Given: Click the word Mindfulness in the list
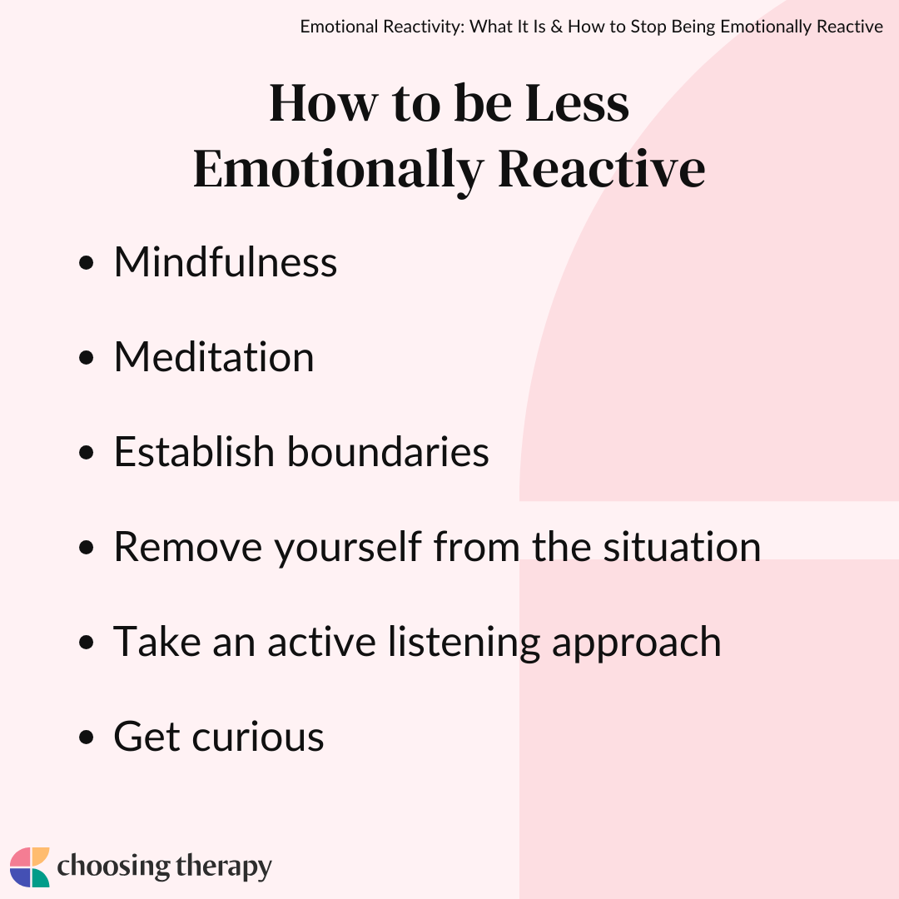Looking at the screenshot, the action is point(226,262).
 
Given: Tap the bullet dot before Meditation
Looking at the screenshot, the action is point(86,358).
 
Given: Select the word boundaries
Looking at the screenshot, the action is point(388,451).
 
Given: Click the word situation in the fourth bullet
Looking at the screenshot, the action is point(682,546).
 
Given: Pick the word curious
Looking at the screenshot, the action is point(258,737).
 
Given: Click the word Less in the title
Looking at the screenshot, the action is point(577,104).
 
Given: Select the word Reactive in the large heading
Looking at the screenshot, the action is point(602,168).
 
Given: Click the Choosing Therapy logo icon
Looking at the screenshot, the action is point(30,867).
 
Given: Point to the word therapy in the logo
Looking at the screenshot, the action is point(224,867).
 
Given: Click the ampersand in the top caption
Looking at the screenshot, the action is point(556,27).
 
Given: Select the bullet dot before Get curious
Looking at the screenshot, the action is point(86,738).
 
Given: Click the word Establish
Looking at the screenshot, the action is point(194,451).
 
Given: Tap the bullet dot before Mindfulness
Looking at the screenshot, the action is point(86,263).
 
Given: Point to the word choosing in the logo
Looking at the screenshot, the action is point(113,867).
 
